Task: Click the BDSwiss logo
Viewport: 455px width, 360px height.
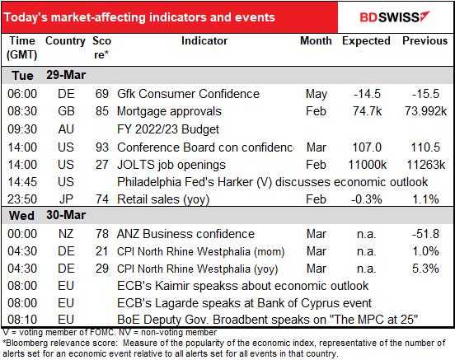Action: pyautogui.click(x=395, y=17)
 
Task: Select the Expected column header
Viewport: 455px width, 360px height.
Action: pyautogui.click(x=366, y=41)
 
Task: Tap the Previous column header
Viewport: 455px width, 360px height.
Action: pyautogui.click(x=425, y=40)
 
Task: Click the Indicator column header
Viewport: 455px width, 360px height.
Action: pyautogui.click(x=204, y=40)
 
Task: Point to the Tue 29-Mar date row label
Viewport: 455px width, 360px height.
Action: pyautogui.click(x=49, y=76)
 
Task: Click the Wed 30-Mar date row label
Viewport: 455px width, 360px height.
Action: pyautogui.click(x=47, y=215)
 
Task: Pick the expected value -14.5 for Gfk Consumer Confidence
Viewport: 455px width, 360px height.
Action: pyautogui.click(x=367, y=94)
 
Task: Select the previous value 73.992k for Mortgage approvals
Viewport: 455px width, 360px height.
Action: pyautogui.click(x=425, y=111)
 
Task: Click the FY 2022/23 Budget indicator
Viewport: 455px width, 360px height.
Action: pyautogui.click(x=168, y=129)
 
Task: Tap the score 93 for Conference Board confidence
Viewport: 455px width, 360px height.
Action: pyautogui.click(x=102, y=147)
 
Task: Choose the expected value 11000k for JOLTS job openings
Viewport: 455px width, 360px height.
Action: pyautogui.click(x=367, y=165)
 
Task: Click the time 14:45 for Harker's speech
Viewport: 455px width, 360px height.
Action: pyautogui.click(x=22, y=182)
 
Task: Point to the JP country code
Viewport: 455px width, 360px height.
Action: pyautogui.click(x=66, y=199)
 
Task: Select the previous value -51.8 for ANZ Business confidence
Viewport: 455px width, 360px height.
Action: pyautogui.click(x=425, y=234)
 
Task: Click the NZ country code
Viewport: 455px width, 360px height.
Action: pyautogui.click(x=66, y=234)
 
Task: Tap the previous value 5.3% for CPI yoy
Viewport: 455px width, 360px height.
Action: pyautogui.click(x=425, y=269)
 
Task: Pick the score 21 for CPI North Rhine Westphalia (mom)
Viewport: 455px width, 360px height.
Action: pyautogui.click(x=101, y=251)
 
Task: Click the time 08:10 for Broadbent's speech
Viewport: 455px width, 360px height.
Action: pyautogui.click(x=22, y=320)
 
